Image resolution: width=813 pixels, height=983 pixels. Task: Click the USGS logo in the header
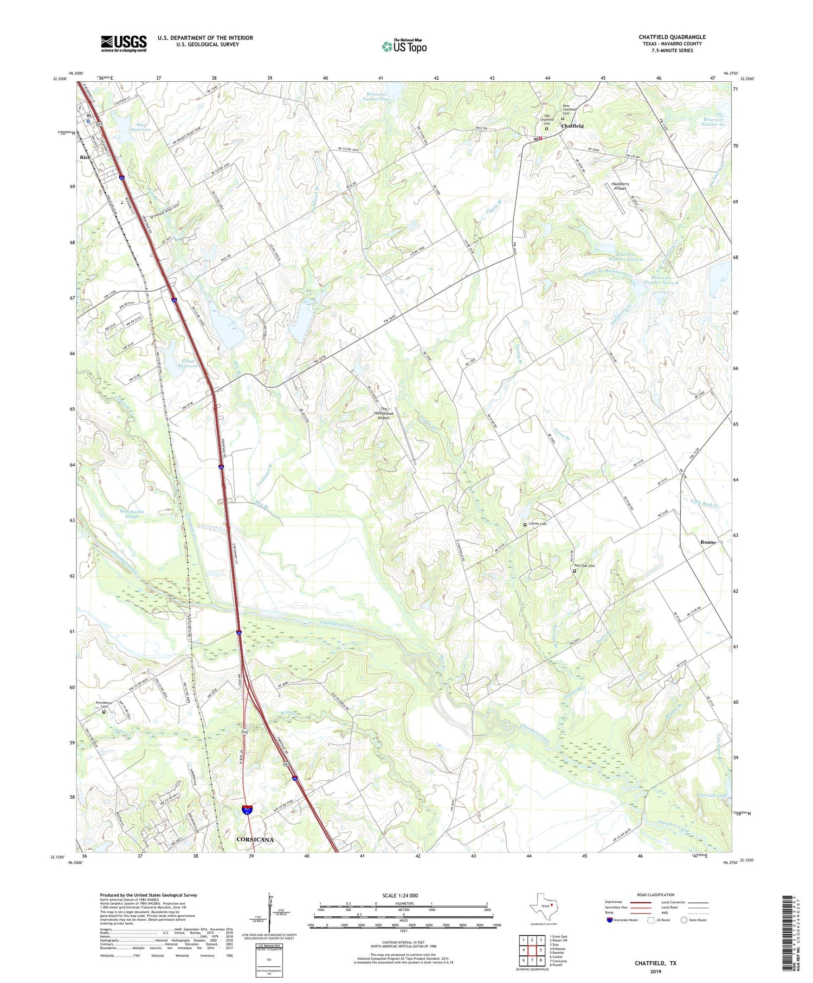pos(124,43)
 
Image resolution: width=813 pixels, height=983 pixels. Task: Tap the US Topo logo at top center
pos(404,47)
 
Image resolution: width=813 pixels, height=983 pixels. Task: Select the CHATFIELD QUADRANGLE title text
pos(672,37)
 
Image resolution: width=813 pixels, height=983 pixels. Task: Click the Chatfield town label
pos(572,126)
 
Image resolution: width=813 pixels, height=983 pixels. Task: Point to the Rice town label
pos(85,157)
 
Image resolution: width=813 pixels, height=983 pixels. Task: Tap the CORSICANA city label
pos(255,839)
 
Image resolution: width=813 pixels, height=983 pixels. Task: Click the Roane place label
pos(708,542)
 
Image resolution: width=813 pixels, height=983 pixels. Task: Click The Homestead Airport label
pos(384,413)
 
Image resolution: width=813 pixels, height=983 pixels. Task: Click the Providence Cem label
pos(104,704)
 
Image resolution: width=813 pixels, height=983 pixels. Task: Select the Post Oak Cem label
pos(584,566)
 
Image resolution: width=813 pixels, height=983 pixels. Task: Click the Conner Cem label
pos(537,524)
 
